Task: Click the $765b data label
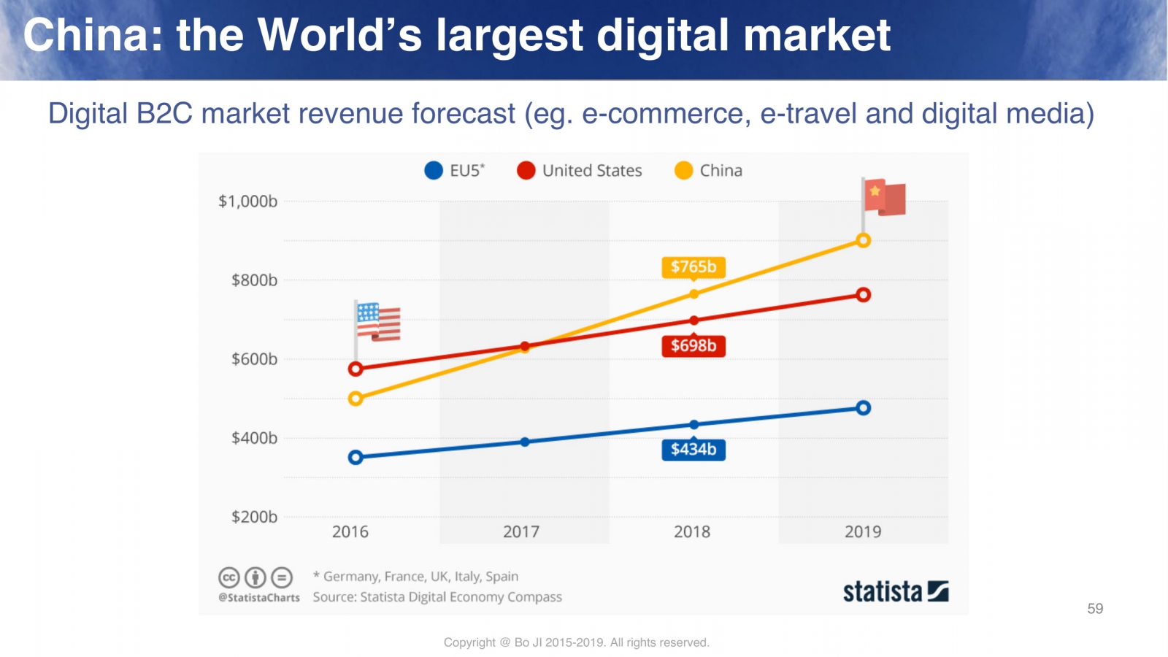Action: [693, 267]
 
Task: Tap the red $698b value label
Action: [693, 346]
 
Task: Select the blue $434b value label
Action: [693, 450]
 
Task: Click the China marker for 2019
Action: [863, 241]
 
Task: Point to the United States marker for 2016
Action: [356, 369]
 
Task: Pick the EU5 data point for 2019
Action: [863, 408]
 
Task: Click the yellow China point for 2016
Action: [356, 399]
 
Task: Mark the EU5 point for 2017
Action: [525, 442]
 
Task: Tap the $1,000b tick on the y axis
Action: [247, 201]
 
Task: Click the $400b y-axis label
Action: [254, 438]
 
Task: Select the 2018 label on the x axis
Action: [692, 532]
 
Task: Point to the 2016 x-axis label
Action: [350, 532]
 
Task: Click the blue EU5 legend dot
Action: [434, 171]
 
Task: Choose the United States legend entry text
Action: [592, 171]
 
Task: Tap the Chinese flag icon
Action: [884, 197]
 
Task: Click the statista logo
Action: [896, 591]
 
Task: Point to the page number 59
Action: [1095, 609]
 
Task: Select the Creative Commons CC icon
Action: [229, 578]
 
